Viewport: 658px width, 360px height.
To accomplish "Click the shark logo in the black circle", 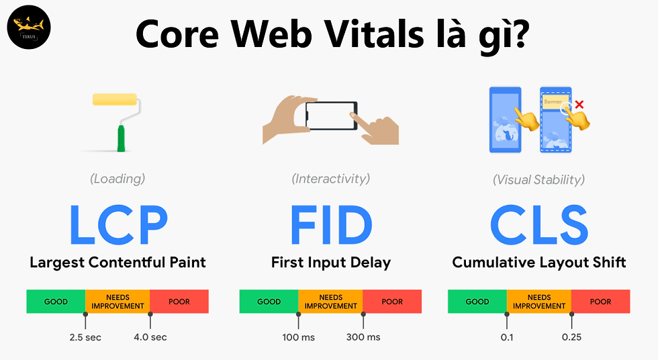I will tap(29, 29).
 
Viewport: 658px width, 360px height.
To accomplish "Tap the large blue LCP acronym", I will tap(117, 225).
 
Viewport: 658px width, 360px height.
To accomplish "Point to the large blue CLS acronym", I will tap(539, 225).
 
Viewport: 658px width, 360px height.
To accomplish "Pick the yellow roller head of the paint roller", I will tap(115, 99).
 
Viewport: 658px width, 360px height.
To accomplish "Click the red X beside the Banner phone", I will tap(580, 104).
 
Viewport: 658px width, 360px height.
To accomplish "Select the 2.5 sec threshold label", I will tap(85, 336).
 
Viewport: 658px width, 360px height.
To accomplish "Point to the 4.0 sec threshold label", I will tap(150, 336).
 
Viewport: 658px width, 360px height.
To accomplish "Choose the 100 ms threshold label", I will tap(299, 336).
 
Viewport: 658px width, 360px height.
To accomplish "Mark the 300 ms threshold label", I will tap(363, 336).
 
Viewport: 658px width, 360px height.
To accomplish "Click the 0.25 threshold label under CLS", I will tap(571, 336).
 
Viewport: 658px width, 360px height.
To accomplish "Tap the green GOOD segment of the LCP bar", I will tap(56, 302).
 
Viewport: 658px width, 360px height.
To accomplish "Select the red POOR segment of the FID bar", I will tap(392, 302).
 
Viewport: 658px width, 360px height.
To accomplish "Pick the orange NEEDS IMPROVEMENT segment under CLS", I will tap(539, 302).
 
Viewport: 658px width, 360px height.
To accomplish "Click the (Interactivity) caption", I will tap(330, 179).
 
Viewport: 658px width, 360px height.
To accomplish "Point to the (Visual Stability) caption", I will tap(538, 179).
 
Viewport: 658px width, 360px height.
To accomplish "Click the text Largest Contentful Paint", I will tap(117, 262).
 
